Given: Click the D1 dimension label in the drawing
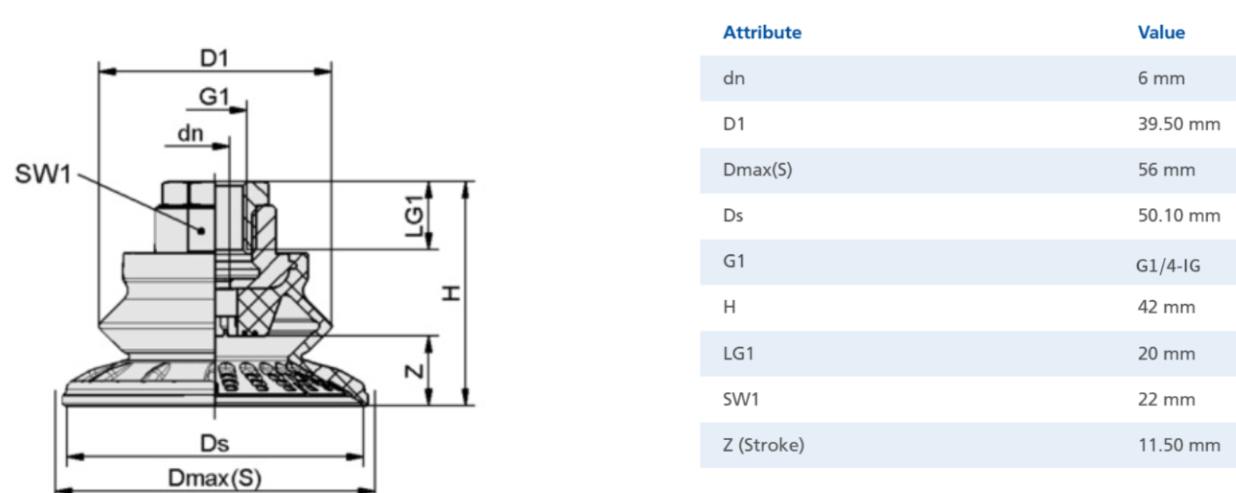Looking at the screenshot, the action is (x=214, y=58).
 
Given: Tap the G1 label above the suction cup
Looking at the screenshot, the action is (x=214, y=97).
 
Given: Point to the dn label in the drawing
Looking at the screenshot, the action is (x=191, y=134).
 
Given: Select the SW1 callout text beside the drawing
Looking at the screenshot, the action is (x=43, y=173).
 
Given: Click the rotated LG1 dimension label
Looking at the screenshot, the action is (x=415, y=215).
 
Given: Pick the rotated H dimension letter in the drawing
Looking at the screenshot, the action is (x=451, y=293).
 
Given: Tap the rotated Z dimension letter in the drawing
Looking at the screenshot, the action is (x=415, y=371).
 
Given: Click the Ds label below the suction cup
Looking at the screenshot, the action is (x=214, y=443).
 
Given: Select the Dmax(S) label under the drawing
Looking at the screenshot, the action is (x=215, y=478).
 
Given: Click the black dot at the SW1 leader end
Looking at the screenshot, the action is (x=201, y=231).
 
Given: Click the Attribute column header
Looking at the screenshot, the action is (x=762, y=33).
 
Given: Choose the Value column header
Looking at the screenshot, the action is (x=1161, y=33).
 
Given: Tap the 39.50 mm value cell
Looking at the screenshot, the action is (x=1178, y=124).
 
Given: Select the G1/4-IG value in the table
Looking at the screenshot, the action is (x=1168, y=266).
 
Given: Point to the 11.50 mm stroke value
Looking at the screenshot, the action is (x=1179, y=445).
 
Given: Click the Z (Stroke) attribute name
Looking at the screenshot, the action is (x=764, y=445).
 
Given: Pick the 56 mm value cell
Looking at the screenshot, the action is (x=1167, y=170).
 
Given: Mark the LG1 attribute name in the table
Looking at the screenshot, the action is (x=738, y=354).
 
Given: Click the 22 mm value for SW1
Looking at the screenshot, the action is (x=1167, y=399).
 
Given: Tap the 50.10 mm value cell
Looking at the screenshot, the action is (x=1178, y=215).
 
